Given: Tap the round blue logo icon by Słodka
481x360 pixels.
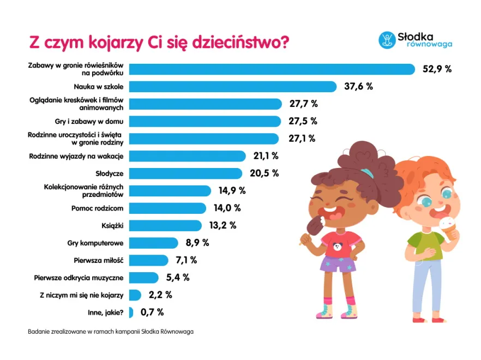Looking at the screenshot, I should pos(387,39).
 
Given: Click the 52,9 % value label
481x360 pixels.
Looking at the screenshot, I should pos(437,69).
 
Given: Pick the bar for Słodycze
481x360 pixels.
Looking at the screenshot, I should pos(185,173).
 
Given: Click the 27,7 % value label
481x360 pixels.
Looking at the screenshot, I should pos(303,104).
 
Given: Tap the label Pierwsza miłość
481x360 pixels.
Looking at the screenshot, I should pos(99,260).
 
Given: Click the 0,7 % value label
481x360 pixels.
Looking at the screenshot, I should pos(152,313).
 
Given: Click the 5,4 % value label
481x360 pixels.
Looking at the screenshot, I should pos(178,278).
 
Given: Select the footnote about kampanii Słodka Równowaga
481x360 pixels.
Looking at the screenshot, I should pos(110,331).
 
